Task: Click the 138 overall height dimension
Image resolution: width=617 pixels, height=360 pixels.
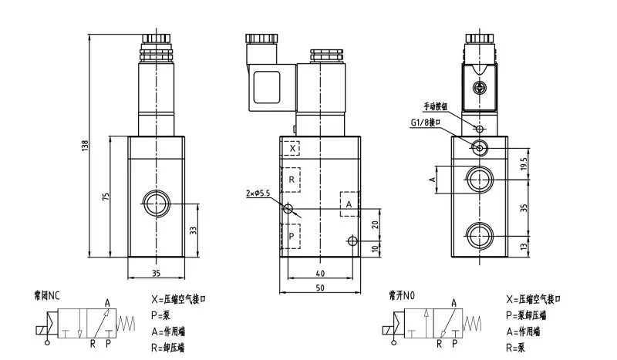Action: (x=87, y=145)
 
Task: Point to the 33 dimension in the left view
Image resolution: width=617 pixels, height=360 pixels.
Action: (x=193, y=230)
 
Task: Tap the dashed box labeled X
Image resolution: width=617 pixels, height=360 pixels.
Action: (x=292, y=147)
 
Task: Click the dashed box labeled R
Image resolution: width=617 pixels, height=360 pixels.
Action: (x=292, y=180)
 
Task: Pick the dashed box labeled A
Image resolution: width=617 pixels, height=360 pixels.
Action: (x=349, y=204)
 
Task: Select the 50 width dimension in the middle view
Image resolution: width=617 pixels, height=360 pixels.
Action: (x=319, y=287)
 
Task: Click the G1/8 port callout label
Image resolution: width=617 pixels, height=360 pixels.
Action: (x=425, y=122)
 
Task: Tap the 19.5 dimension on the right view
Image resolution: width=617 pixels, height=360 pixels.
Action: (x=524, y=162)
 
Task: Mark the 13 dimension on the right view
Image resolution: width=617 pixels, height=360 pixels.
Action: (x=524, y=245)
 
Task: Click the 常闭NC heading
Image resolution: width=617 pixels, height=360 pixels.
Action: (x=47, y=294)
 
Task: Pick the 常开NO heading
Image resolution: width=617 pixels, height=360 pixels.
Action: (x=403, y=294)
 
